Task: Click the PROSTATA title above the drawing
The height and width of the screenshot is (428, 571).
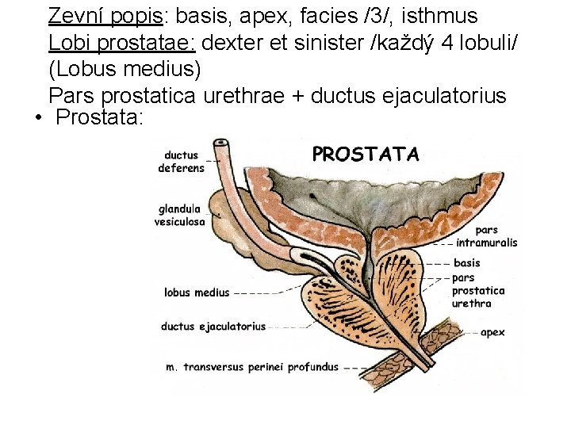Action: [366, 154]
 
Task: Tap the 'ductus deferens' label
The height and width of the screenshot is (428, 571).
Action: [182, 162]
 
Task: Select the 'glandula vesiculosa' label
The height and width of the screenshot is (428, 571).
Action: [180, 216]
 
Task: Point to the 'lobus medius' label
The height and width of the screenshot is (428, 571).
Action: [197, 292]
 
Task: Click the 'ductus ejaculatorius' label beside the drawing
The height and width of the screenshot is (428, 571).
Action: [213, 327]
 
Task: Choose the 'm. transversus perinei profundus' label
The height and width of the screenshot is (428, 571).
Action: [251, 367]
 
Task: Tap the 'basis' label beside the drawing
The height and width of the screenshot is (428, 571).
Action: [467, 263]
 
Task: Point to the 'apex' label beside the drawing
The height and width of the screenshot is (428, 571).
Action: [492, 333]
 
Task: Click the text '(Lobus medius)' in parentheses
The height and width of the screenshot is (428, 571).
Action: [125, 69]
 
